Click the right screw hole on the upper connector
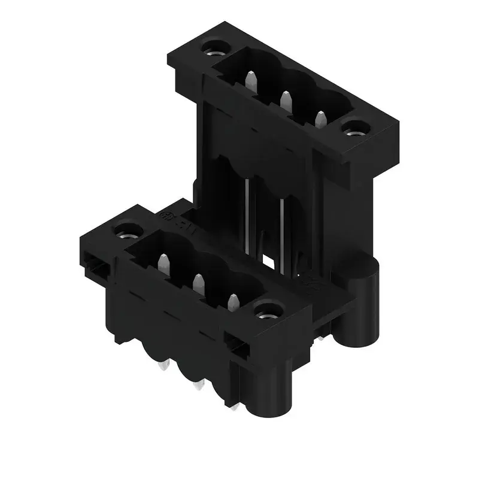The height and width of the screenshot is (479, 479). pyautogui.click(x=356, y=128)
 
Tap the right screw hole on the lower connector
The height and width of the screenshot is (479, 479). pyautogui.click(x=269, y=310)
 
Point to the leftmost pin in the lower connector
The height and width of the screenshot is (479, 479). pyautogui.click(x=163, y=264)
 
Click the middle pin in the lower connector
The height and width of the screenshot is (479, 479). pyautogui.click(x=198, y=284)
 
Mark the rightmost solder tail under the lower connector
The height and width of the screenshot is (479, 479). pyautogui.click(x=235, y=407)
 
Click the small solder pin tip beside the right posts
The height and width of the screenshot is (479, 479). pyautogui.click(x=321, y=338)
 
